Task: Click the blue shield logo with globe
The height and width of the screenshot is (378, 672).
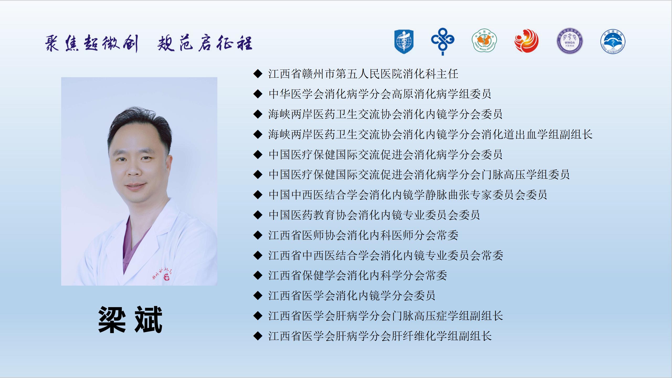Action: tap(404, 42)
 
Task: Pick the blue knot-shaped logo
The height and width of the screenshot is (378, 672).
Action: tap(443, 41)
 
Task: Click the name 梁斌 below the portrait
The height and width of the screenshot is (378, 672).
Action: tap(130, 320)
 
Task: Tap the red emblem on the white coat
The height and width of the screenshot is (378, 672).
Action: tap(166, 277)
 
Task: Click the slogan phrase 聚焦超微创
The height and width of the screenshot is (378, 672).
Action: tap(91, 44)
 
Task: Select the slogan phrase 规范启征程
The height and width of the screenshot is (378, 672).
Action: tap(205, 44)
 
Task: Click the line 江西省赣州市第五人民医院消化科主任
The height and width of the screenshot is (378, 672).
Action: tap(363, 74)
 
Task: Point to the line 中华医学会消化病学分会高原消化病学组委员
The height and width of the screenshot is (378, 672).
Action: tap(380, 94)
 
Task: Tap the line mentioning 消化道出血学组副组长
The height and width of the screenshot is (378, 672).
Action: tap(430, 134)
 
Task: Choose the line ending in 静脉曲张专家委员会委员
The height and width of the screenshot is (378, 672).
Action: tap(408, 195)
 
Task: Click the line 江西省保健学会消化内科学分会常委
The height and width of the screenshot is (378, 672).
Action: tap(358, 275)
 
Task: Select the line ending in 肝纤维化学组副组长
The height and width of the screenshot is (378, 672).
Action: tap(380, 336)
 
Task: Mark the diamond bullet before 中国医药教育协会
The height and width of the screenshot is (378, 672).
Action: tap(258, 215)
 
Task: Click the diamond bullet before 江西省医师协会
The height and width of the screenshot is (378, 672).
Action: tap(258, 235)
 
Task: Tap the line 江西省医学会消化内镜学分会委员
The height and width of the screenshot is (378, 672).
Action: tap(352, 296)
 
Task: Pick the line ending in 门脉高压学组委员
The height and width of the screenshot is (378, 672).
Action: tap(419, 175)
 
